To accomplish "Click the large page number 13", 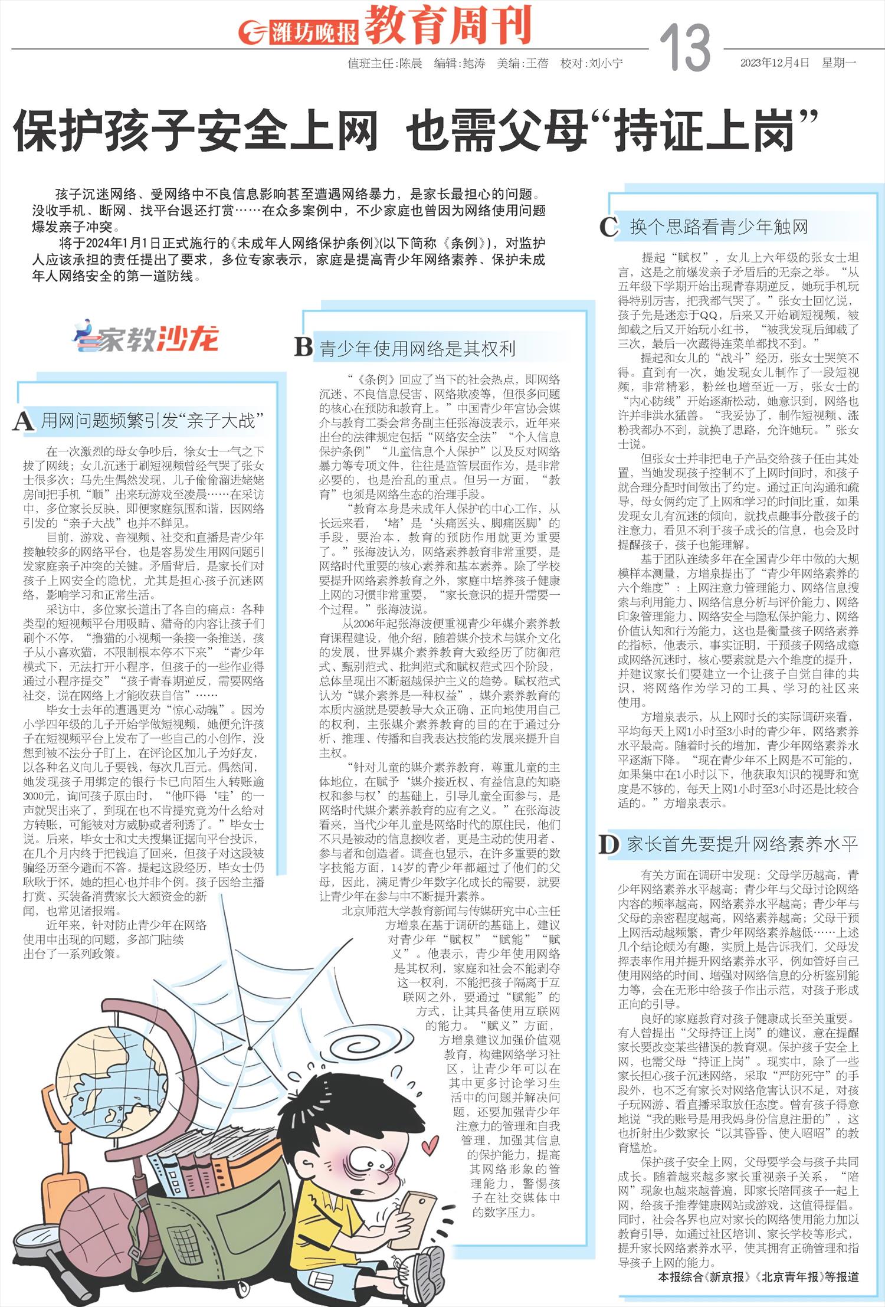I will (x=684, y=48).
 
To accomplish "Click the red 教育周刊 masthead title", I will (x=448, y=25).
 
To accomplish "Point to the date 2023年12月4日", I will (x=775, y=63).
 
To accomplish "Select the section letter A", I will (x=23, y=421).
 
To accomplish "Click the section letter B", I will (x=303, y=348).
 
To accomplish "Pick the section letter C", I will (x=609, y=227).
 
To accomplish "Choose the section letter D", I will (x=608, y=845).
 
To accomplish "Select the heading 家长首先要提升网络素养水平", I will (x=742, y=844).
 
